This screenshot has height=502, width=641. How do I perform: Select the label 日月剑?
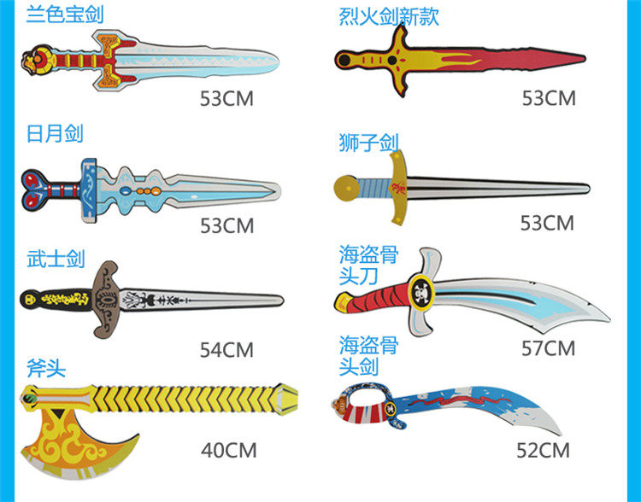[x=55, y=134]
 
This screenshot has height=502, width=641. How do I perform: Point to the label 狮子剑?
[x=368, y=143]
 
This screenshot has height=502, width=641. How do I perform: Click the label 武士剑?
[x=56, y=259]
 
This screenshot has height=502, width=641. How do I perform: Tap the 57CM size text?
[x=548, y=348]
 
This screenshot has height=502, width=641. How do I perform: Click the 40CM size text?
[x=228, y=450]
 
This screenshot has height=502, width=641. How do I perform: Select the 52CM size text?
[x=542, y=450]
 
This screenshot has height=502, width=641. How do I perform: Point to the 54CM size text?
[x=226, y=349]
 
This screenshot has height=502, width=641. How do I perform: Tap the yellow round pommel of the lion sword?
[x=344, y=185]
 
